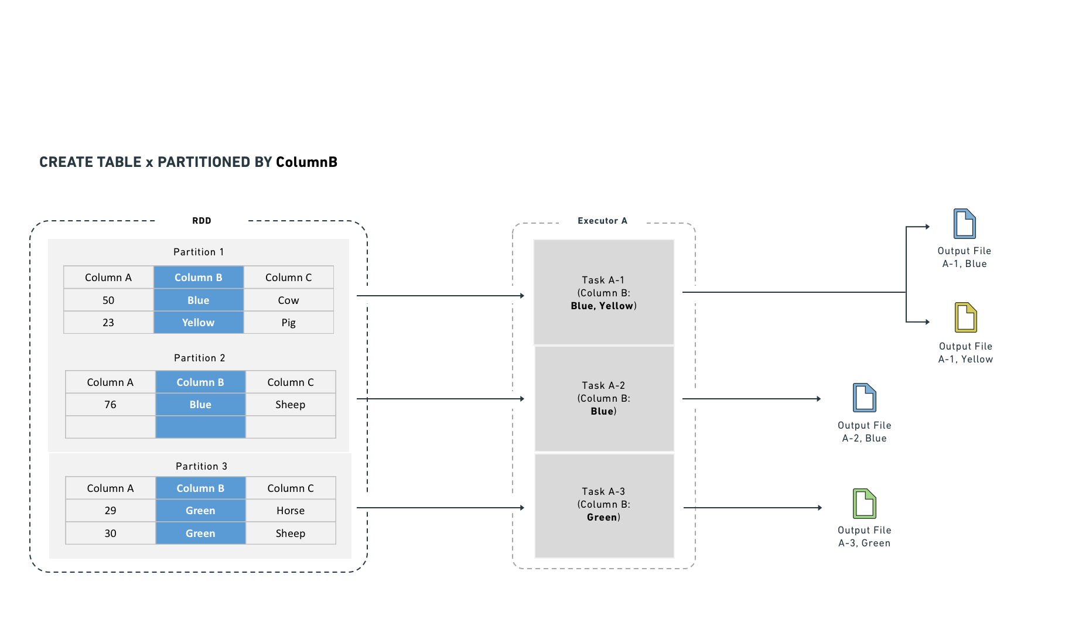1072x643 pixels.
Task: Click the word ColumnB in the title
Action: [306, 162]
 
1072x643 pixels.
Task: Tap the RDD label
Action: [202, 221]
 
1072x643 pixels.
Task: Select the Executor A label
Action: [602, 221]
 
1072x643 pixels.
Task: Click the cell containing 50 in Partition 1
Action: [108, 300]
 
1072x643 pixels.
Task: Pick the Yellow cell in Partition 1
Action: [198, 323]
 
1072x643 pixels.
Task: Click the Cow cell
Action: [288, 300]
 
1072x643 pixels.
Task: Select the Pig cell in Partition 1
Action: [288, 323]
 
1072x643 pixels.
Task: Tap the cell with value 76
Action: [110, 405]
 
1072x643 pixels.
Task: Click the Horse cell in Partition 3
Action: [291, 511]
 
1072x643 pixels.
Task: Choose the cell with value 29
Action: [110, 511]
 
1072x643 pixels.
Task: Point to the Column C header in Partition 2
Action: [291, 382]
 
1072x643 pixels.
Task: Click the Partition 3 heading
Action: [201, 466]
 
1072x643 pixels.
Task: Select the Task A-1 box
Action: [603, 292]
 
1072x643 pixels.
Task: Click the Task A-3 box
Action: [603, 505]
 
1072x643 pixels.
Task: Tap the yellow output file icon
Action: [965, 317]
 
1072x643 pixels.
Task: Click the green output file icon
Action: [864, 504]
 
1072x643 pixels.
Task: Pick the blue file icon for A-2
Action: [864, 398]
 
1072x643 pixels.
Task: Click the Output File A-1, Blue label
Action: [964, 257]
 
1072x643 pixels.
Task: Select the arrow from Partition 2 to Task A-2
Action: [439, 399]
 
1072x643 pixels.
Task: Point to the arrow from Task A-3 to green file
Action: [753, 508]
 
